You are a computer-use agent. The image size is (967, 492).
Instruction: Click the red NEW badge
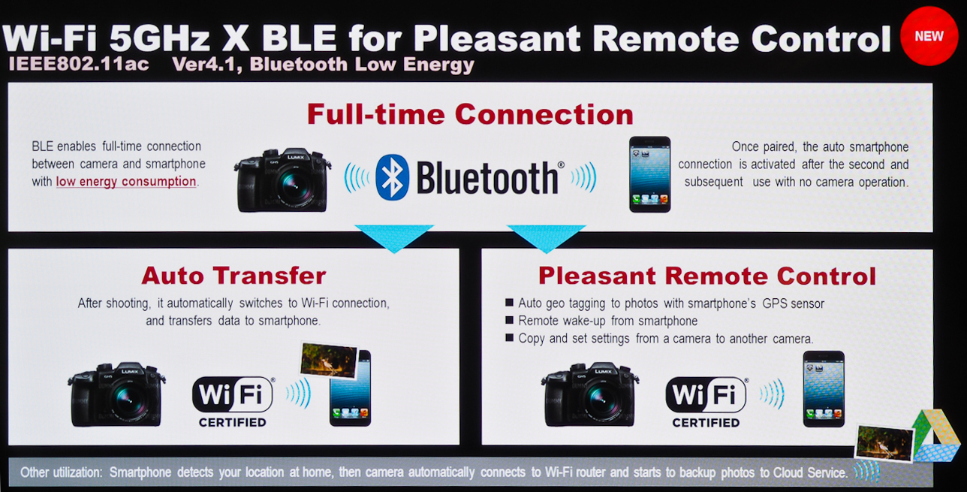[929, 36]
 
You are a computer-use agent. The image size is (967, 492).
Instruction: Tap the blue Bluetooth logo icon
[392, 177]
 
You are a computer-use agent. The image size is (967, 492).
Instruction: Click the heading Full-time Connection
[470, 114]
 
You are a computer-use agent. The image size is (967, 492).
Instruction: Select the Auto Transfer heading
[233, 276]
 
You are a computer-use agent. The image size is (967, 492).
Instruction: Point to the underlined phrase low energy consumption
[126, 182]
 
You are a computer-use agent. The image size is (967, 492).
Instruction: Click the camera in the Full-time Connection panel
[282, 180]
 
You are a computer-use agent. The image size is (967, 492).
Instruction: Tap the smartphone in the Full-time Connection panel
[649, 174]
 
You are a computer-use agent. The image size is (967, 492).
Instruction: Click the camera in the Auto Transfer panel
[116, 394]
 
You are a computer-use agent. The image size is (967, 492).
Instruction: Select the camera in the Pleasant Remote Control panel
[590, 394]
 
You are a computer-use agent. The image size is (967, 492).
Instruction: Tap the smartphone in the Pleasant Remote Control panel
[824, 389]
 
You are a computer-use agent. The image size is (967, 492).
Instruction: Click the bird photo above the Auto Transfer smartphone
[329, 361]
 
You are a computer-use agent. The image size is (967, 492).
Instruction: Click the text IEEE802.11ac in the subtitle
[79, 65]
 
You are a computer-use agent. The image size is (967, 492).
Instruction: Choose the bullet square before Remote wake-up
[509, 320]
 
